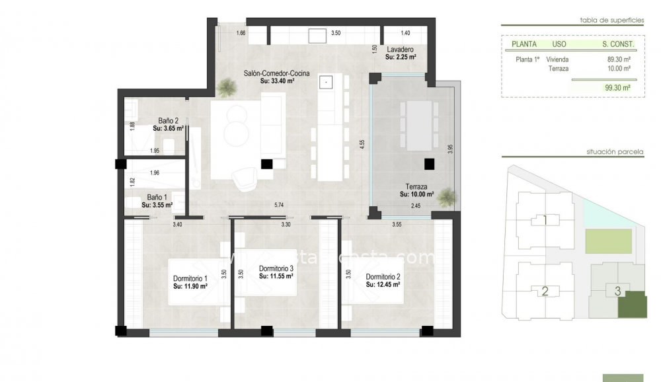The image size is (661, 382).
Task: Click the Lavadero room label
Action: click(x=401, y=50)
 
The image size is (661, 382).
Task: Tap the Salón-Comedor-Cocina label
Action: click(x=276, y=73)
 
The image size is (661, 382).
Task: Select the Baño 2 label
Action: click(x=169, y=121)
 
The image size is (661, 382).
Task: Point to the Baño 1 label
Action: click(x=157, y=198)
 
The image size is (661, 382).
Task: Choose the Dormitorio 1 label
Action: click(x=190, y=278)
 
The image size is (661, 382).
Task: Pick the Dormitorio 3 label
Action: click(x=276, y=268)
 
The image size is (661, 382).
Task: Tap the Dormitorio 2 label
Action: click(x=383, y=277)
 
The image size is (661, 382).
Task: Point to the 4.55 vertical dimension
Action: click(x=362, y=145)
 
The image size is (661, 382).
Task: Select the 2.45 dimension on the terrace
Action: click(x=416, y=206)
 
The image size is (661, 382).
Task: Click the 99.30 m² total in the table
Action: click(x=617, y=87)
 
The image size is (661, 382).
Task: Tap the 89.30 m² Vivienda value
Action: click(x=619, y=59)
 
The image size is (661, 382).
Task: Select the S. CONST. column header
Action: click(x=618, y=44)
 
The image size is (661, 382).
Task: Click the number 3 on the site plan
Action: click(x=617, y=291)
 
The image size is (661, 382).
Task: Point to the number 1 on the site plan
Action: click(x=545, y=220)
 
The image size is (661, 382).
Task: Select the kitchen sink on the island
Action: click(x=327, y=82)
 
